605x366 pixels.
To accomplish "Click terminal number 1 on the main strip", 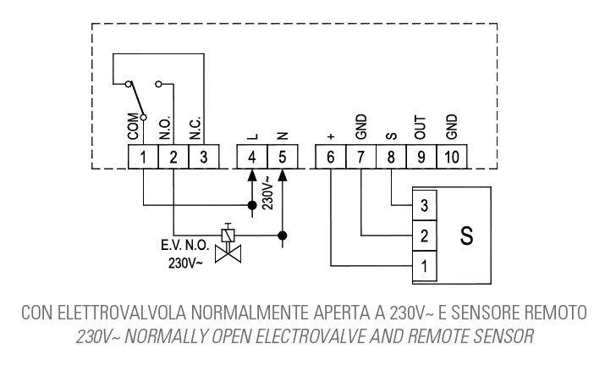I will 143,156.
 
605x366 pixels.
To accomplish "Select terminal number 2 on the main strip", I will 173,156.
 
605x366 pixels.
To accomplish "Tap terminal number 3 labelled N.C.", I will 202,156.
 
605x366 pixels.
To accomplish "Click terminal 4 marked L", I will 251,156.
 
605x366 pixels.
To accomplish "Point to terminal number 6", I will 330,156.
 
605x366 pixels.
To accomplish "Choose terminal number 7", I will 361,156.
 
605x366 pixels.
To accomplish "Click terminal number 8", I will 391,156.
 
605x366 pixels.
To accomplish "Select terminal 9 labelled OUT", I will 421,156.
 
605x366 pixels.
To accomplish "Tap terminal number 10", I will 451,156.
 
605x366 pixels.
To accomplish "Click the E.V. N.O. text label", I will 184,247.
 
